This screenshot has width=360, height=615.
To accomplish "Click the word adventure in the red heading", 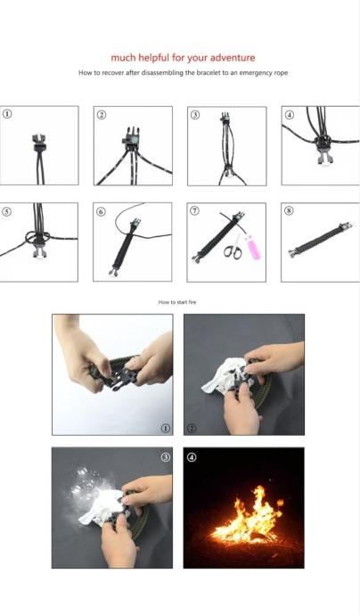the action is click(x=233, y=58).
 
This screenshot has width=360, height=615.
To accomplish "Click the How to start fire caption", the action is click(x=177, y=302).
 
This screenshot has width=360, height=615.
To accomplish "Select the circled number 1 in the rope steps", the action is click(x=7, y=114).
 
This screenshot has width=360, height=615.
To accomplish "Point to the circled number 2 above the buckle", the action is click(x=102, y=114).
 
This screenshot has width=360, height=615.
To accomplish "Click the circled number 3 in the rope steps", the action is click(x=195, y=114).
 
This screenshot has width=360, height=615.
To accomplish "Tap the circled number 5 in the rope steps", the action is click(x=6, y=211).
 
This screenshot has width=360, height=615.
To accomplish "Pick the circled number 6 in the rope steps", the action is click(x=101, y=212).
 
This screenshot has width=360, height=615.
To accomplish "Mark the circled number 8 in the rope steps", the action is click(x=289, y=210).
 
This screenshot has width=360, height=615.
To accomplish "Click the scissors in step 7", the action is click(x=233, y=248).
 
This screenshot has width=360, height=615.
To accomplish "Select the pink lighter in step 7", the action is click(x=252, y=248).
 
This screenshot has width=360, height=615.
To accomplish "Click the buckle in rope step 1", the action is click(x=39, y=143).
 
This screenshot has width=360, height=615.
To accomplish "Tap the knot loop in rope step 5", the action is click(x=37, y=237).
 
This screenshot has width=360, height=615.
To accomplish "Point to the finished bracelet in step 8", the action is click(x=321, y=240).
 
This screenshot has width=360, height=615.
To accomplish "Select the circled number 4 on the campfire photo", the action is click(x=192, y=457).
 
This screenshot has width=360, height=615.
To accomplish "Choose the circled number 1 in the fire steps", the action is click(x=166, y=429).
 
